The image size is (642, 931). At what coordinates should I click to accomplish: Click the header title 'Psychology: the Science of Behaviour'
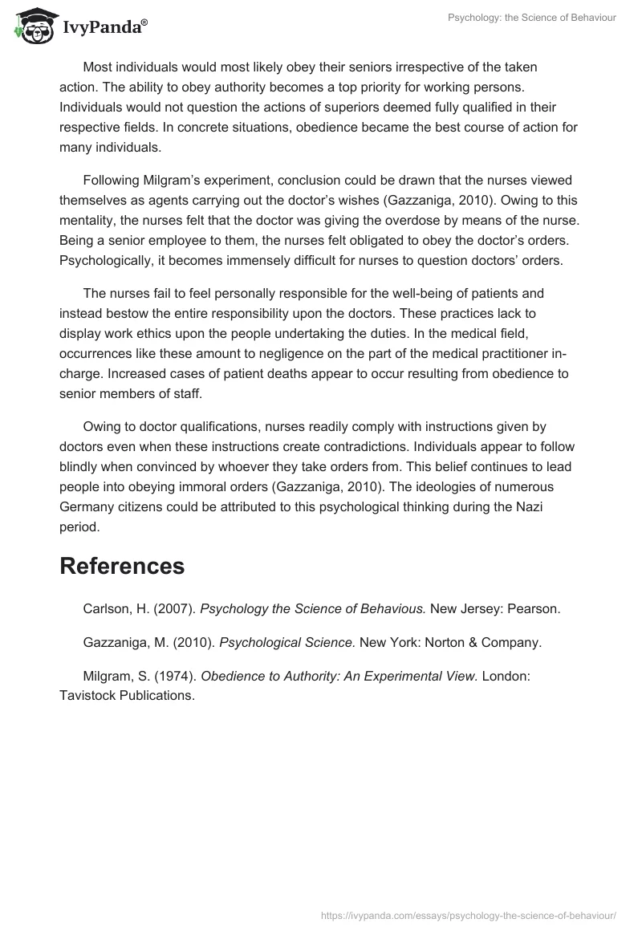pos(531,18)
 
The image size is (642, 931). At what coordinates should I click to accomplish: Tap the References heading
pos(122,566)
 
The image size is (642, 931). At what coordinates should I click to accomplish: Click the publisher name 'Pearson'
pos(536,609)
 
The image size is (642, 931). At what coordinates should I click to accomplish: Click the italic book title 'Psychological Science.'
pos(287,642)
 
